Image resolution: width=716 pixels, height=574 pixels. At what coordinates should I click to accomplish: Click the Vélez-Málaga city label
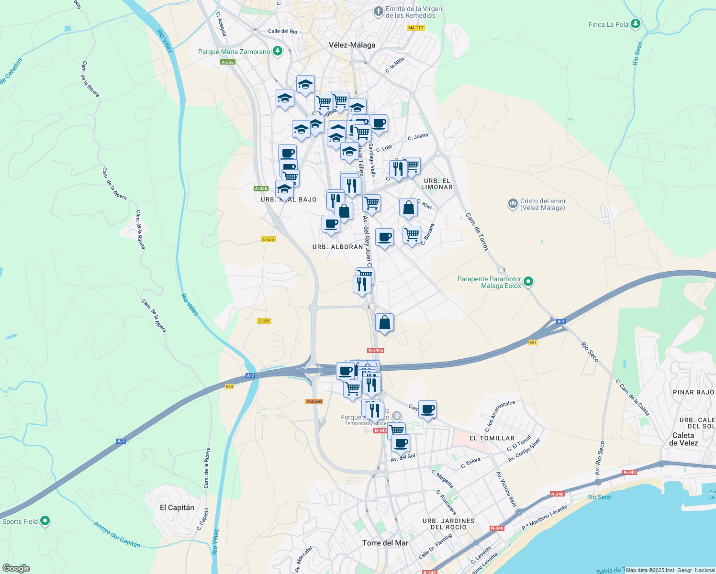pyautogui.click(x=352, y=45)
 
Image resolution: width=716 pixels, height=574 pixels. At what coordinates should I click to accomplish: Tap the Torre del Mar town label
pyautogui.click(x=385, y=543)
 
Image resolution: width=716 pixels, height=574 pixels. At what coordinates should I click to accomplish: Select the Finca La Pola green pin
pyautogui.click(x=636, y=23)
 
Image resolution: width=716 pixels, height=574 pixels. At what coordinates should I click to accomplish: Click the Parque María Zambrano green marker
pyautogui.click(x=277, y=51)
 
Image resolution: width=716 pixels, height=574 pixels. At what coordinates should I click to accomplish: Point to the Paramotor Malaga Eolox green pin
pyautogui.click(x=528, y=281)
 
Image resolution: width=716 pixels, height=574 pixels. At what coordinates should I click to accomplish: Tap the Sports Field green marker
pyautogui.click(x=45, y=520)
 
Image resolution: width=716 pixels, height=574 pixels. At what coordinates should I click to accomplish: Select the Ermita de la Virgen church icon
pyautogui.click(x=379, y=11)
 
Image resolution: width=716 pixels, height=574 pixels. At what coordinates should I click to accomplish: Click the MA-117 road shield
pyautogui.click(x=415, y=28)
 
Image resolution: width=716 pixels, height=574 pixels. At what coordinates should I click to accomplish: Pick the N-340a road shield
pyautogui.click(x=376, y=350)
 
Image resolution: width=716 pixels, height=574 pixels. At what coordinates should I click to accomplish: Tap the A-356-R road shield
pyautogui.click(x=314, y=401)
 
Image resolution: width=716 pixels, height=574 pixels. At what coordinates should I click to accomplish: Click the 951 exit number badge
pyautogui.click(x=533, y=342)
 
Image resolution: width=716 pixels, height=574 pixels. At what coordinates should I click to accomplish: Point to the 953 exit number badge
pyautogui.click(x=229, y=386)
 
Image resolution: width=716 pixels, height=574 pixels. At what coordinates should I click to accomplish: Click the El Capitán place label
pyautogui.click(x=177, y=508)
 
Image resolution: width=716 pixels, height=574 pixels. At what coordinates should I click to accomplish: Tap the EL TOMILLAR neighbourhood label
pyautogui.click(x=492, y=438)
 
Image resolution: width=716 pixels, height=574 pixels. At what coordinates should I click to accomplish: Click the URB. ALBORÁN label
pyautogui.click(x=337, y=247)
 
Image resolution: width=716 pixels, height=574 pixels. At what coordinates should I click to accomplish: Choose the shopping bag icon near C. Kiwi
pyautogui.click(x=408, y=208)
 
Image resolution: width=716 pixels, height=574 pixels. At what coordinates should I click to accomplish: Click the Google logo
pyautogui.click(x=16, y=568)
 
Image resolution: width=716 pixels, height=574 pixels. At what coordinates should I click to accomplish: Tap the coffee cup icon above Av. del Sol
pyautogui.click(x=401, y=443)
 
